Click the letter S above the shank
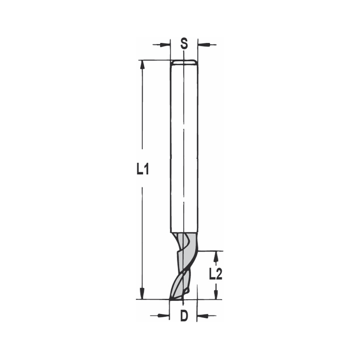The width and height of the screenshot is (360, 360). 184,44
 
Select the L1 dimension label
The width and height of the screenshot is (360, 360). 143,169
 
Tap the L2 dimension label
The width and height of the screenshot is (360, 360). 215,275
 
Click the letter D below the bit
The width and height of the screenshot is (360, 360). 184,316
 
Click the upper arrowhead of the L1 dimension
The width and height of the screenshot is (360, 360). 143,65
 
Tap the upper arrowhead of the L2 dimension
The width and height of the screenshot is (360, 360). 216,256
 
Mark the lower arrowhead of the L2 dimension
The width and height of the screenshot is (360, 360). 216,294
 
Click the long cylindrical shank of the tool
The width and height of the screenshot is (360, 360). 184,144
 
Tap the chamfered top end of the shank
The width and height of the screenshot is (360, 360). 184,62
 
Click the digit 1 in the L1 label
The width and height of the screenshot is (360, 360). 147,169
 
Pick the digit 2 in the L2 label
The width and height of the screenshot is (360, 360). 219,275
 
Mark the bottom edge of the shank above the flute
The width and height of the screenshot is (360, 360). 184,232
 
